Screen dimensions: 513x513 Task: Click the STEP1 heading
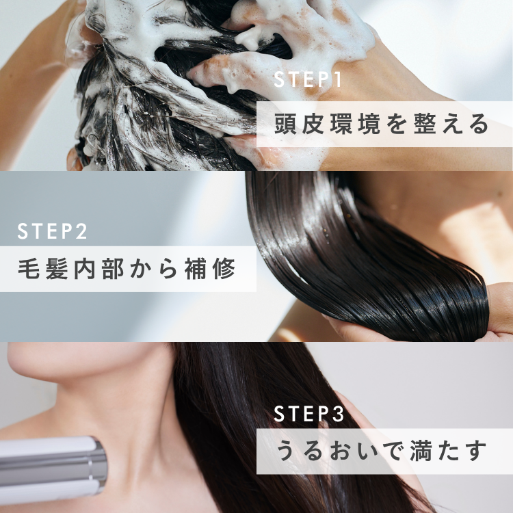coord(308,79)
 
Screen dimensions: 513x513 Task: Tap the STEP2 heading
coord(53,231)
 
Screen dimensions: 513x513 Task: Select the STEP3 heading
coord(309,414)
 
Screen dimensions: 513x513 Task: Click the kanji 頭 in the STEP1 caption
coord(285,124)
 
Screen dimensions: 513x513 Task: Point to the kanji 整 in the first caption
coord(424,124)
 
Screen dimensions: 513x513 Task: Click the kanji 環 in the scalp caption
coord(341,124)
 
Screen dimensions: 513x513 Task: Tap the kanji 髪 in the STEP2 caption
coord(57,269)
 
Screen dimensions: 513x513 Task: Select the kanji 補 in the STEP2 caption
coord(196,269)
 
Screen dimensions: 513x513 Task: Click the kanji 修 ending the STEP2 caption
coord(224,269)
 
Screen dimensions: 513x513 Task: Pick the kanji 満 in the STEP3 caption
coord(421,451)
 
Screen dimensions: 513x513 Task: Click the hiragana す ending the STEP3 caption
coord(476,451)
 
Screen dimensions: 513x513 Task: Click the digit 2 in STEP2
coord(81,231)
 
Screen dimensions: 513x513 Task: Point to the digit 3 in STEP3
coord(339,414)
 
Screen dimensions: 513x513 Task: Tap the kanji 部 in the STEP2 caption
coord(113,269)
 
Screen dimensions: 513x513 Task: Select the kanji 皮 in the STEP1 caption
coord(313,124)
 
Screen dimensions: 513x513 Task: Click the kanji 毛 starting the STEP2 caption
coord(29,269)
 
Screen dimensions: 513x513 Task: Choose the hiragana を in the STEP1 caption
coord(397,124)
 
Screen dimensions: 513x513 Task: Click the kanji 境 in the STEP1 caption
coord(369,124)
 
